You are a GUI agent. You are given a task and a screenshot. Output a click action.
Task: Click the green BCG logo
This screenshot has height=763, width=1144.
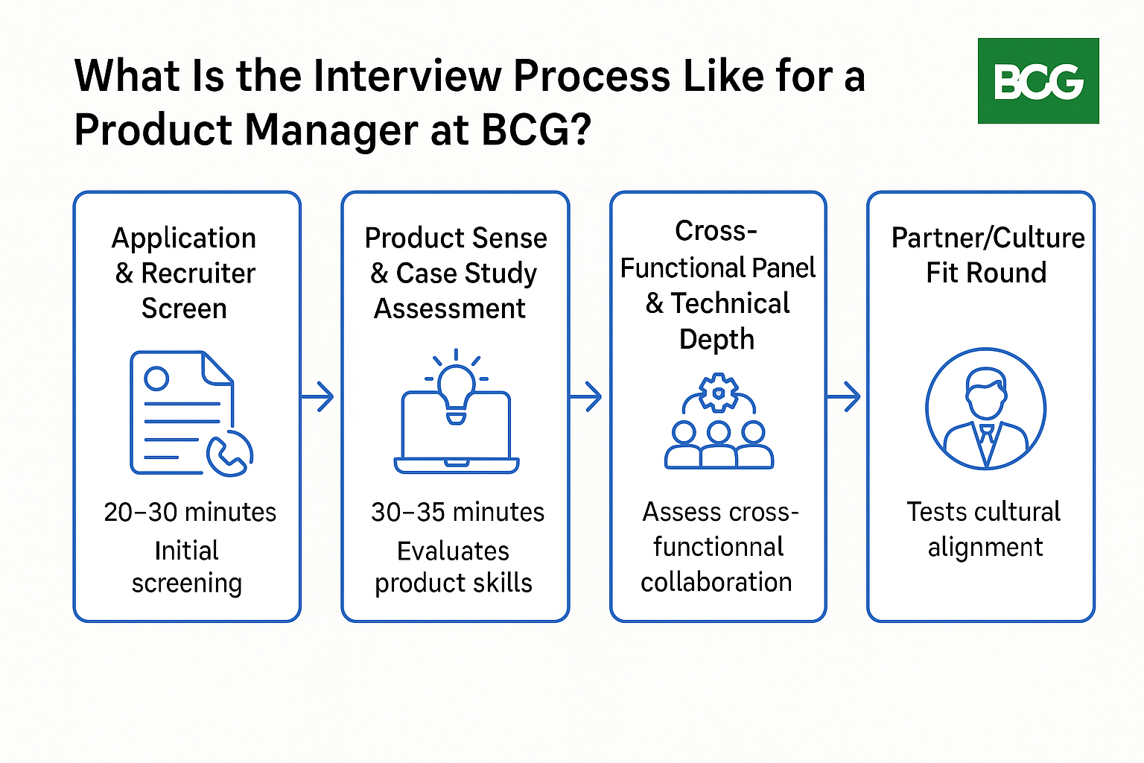[x=1038, y=80]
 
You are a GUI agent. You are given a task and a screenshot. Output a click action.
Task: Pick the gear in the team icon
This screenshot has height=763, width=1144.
[x=719, y=393]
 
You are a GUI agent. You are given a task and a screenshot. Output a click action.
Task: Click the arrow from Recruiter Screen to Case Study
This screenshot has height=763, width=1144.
[x=319, y=396]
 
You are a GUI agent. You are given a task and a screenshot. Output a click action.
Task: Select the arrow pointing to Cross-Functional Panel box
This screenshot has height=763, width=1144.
[x=587, y=396]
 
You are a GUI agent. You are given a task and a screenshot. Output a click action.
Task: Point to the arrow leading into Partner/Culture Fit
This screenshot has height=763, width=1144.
[x=845, y=396]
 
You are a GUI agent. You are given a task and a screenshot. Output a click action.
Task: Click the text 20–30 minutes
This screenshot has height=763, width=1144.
[x=190, y=512]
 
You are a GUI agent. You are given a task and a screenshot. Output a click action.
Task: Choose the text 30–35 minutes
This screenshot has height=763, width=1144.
[x=457, y=512]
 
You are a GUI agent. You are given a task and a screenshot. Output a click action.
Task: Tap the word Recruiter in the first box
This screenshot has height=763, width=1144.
[x=198, y=273]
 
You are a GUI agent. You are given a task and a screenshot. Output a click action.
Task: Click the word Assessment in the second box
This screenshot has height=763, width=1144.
[x=450, y=308]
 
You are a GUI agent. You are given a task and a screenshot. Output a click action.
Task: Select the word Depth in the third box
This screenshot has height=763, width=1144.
[x=716, y=339]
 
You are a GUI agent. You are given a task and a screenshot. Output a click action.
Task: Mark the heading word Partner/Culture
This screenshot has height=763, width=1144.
[x=988, y=238]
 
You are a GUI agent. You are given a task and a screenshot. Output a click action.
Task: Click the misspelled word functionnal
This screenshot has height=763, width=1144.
[x=718, y=547]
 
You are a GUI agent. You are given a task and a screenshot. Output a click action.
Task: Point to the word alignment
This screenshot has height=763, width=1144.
[x=985, y=547]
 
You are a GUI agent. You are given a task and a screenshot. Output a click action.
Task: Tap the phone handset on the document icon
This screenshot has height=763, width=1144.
[x=229, y=454]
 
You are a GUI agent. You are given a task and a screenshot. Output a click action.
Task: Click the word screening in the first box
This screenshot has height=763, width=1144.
[x=186, y=583]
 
